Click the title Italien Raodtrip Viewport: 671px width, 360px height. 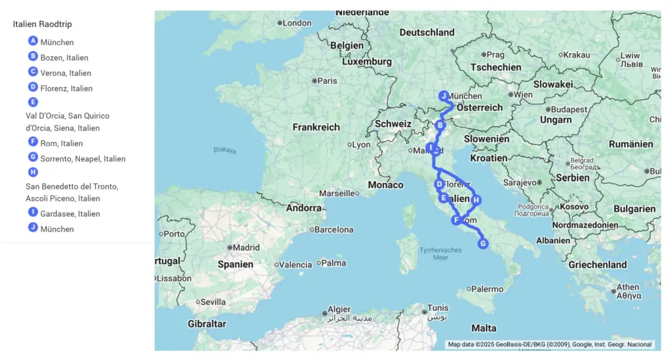pyautogui.click(x=42, y=24)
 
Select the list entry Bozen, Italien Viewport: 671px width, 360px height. pyautogui.click(x=64, y=58)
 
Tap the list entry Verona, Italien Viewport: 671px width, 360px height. pyautogui.click(x=66, y=73)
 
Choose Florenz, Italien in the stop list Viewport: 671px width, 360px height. pyautogui.click(x=66, y=89)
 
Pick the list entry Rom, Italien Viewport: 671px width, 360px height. pyautogui.click(x=61, y=144)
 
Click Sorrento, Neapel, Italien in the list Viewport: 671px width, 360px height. pyautogui.click(x=83, y=159)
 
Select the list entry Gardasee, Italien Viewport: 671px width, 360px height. pyautogui.click(x=70, y=214)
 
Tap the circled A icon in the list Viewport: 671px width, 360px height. pyautogui.click(x=33, y=41)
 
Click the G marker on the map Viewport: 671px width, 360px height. pyautogui.click(x=483, y=244)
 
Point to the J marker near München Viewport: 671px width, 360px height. pyautogui.click(x=444, y=96)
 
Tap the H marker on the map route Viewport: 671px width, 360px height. pyautogui.click(x=476, y=200)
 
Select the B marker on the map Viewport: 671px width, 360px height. pyautogui.click(x=440, y=125)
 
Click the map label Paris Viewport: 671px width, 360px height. pyautogui.click(x=327, y=81)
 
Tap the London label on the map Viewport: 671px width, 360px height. pyautogui.click(x=297, y=23)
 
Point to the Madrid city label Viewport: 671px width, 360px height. pyautogui.click(x=246, y=248)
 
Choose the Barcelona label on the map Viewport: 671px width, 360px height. pyautogui.click(x=334, y=230)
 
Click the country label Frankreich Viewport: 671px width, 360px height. pyautogui.click(x=316, y=127)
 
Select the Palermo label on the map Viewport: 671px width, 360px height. pyautogui.click(x=488, y=289)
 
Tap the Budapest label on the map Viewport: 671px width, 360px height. pyautogui.click(x=569, y=110)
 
